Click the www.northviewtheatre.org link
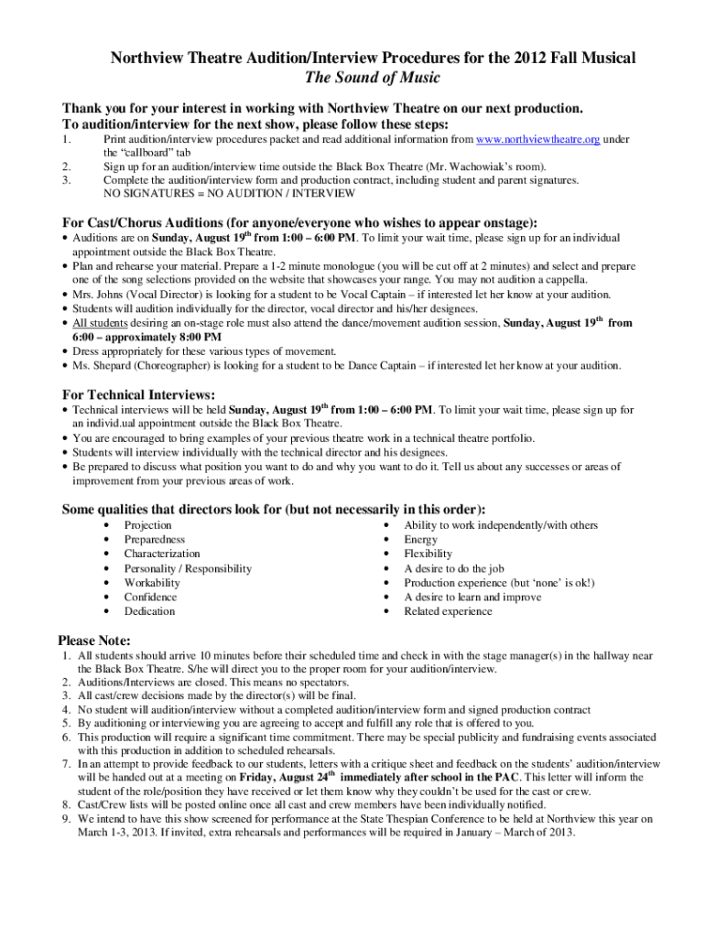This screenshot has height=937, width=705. point(538,140)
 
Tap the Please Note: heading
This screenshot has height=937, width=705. point(94,640)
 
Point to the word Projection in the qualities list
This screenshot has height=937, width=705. point(147,525)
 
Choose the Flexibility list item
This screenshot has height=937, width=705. point(428,554)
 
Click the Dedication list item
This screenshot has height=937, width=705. point(149,611)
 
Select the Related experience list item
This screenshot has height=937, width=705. point(448,611)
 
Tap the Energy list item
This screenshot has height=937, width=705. point(421,540)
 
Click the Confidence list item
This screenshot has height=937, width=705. point(151,597)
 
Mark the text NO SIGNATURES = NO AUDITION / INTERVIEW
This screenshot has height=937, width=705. point(215,194)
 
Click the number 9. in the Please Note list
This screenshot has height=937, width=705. point(66,820)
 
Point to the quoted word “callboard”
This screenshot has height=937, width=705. point(131,153)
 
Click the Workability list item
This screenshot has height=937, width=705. point(152,583)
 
